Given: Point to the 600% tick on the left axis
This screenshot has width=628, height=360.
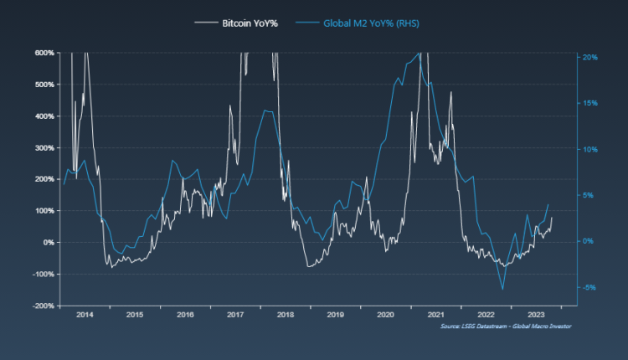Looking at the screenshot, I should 44,53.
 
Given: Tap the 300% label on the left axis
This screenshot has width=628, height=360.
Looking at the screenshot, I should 44,147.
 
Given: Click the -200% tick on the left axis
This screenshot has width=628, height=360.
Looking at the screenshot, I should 43,306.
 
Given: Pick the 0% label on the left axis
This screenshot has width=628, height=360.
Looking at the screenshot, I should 49,242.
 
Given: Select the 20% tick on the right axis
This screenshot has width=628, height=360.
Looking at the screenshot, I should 589,57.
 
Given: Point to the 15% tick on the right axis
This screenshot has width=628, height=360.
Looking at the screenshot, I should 589,103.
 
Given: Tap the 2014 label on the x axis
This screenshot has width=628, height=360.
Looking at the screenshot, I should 85,315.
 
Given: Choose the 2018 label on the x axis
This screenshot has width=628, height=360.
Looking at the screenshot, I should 285,315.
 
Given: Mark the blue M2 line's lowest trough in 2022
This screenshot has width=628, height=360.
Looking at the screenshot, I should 503,290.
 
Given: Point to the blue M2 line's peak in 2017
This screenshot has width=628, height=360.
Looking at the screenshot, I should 265,111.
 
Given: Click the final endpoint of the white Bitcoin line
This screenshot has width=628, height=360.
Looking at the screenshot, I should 553,218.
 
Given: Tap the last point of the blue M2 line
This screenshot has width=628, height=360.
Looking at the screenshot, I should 548,204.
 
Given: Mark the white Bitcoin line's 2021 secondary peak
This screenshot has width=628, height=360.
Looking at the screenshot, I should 450,92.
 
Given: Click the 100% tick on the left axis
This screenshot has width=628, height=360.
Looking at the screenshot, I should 44,210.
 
